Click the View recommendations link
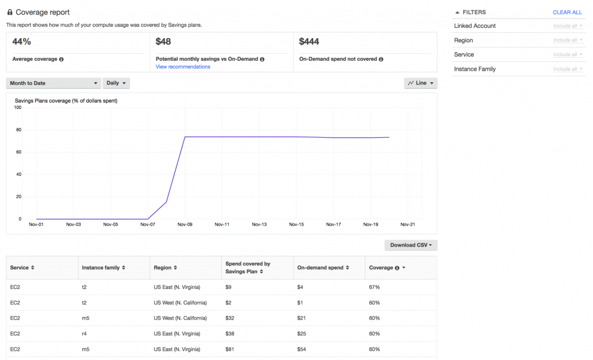(x=183, y=67)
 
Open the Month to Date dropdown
(x=53, y=83)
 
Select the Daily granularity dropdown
(x=116, y=83)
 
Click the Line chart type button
(x=420, y=83)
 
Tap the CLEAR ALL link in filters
(x=567, y=12)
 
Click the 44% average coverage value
(x=21, y=42)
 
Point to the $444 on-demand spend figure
(x=309, y=42)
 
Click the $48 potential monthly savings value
(x=163, y=42)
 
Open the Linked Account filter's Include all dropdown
(x=568, y=26)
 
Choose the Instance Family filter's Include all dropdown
(x=568, y=69)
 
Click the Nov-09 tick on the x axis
(x=185, y=225)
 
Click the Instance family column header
(x=103, y=268)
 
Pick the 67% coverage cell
(x=374, y=287)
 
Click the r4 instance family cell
(x=85, y=333)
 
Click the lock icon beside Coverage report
(x=9, y=12)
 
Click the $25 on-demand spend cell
(x=302, y=333)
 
